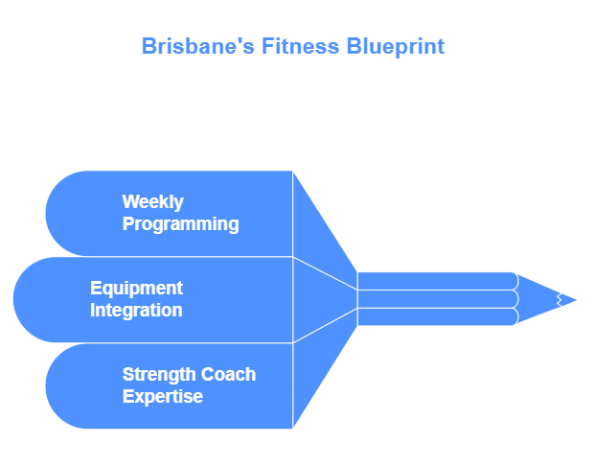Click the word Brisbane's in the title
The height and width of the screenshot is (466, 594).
click(x=197, y=46)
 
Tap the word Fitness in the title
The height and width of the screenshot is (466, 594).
click(x=300, y=46)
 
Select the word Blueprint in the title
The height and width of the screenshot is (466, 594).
click(x=395, y=47)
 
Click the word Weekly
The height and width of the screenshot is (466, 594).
click(x=152, y=202)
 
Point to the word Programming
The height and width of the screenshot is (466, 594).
click(x=181, y=224)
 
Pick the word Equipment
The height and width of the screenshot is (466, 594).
click(x=136, y=289)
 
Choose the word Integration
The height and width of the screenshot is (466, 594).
click(x=136, y=311)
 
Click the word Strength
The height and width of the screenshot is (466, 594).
click(x=158, y=375)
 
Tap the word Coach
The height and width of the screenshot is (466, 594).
click(x=228, y=374)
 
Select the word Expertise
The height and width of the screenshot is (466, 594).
click(x=163, y=397)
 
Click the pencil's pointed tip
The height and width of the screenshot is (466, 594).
click(x=576, y=300)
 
